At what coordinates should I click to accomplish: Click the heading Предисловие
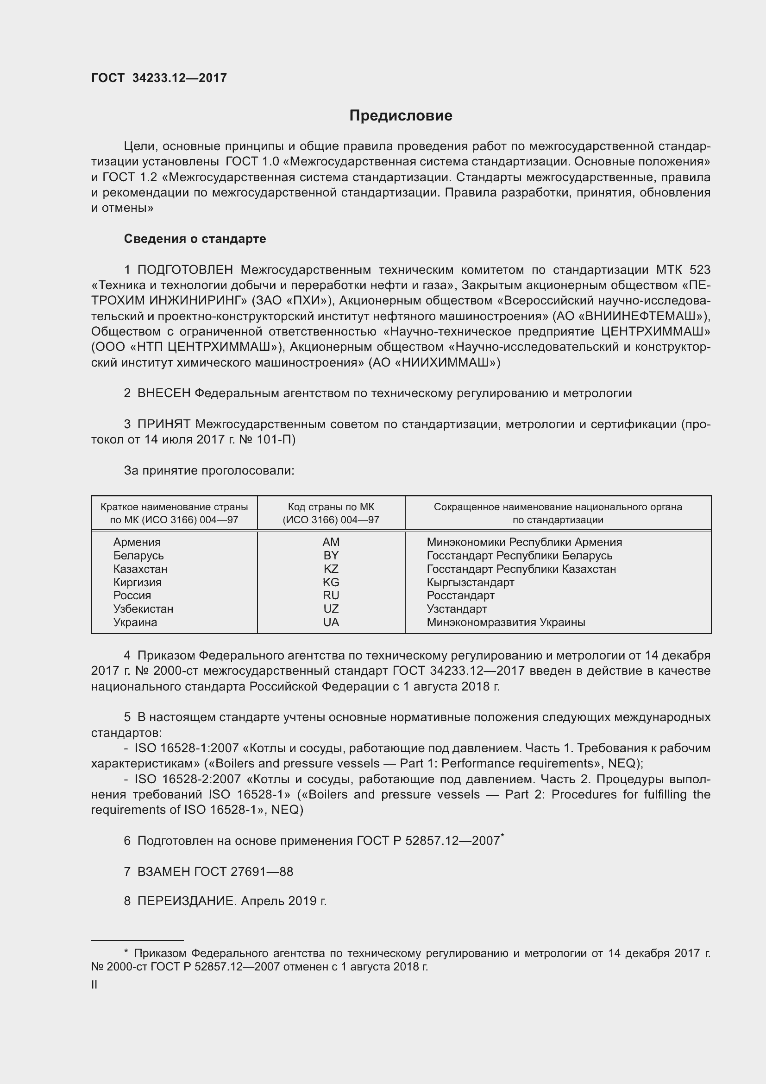[401, 116]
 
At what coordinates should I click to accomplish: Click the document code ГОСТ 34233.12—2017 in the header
[159, 78]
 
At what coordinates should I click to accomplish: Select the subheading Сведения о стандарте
[195, 239]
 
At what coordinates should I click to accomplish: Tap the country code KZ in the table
[331, 569]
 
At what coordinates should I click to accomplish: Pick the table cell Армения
[137, 542]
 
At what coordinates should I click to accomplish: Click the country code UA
[331, 622]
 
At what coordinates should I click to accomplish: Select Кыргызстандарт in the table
[470, 582]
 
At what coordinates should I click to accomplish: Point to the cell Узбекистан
[143, 609]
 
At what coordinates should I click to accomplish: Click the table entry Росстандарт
[460, 596]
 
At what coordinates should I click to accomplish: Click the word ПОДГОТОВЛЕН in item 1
[185, 270]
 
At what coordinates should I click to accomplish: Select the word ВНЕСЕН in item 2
[163, 393]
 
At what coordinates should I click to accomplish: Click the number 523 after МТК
[699, 270]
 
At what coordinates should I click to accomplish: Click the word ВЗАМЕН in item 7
[163, 872]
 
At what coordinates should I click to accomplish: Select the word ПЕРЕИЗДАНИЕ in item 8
[186, 901]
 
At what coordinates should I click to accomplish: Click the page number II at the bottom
[94, 985]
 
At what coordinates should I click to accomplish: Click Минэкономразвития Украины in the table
[506, 622]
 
